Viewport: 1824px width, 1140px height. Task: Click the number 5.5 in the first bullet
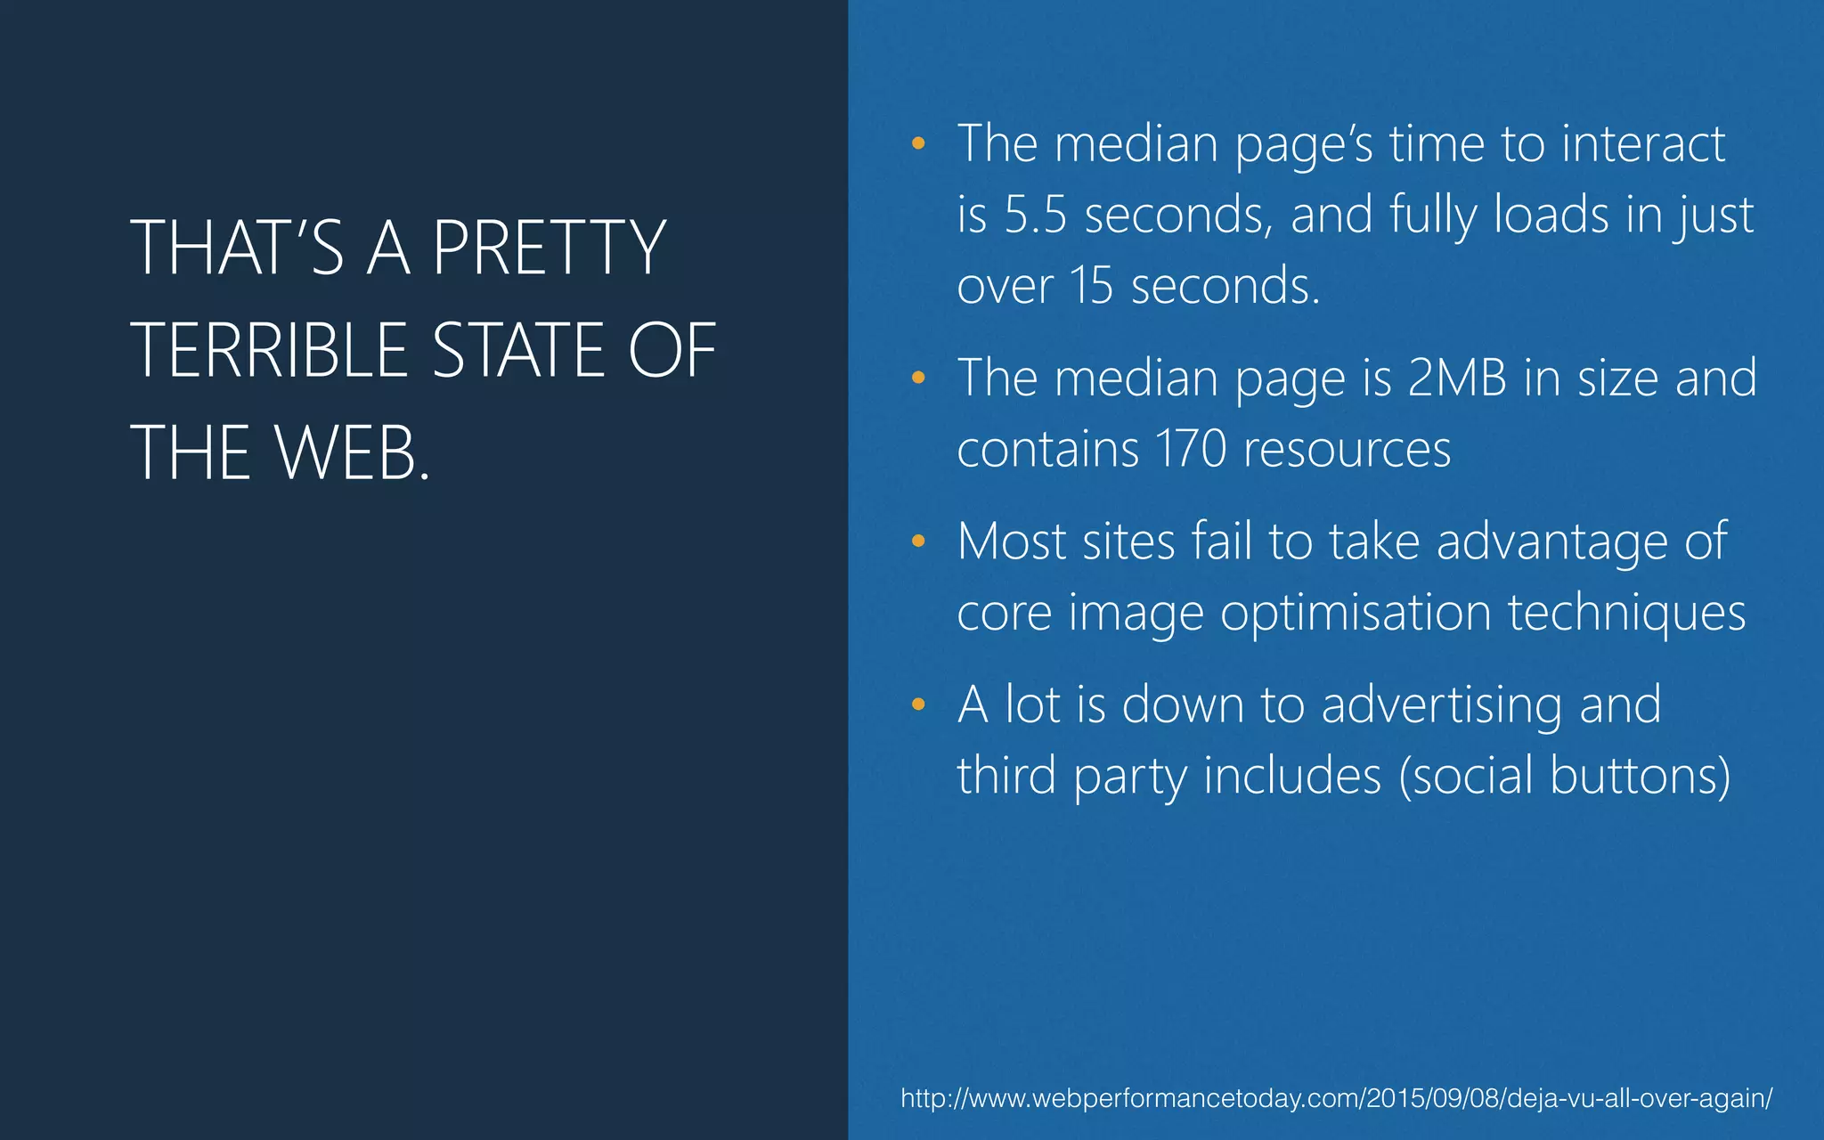point(1035,216)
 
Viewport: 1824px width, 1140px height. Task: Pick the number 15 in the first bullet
point(1091,286)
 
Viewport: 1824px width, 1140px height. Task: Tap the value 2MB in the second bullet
point(1457,379)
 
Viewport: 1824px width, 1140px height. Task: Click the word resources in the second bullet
point(1347,449)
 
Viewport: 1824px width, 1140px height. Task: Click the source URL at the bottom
point(1336,1098)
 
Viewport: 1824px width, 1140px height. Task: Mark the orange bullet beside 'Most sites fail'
point(918,541)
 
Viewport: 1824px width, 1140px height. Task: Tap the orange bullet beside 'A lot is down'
point(918,705)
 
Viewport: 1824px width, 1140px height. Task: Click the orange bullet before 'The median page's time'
point(918,143)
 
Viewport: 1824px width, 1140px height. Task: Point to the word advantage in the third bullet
point(1551,542)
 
